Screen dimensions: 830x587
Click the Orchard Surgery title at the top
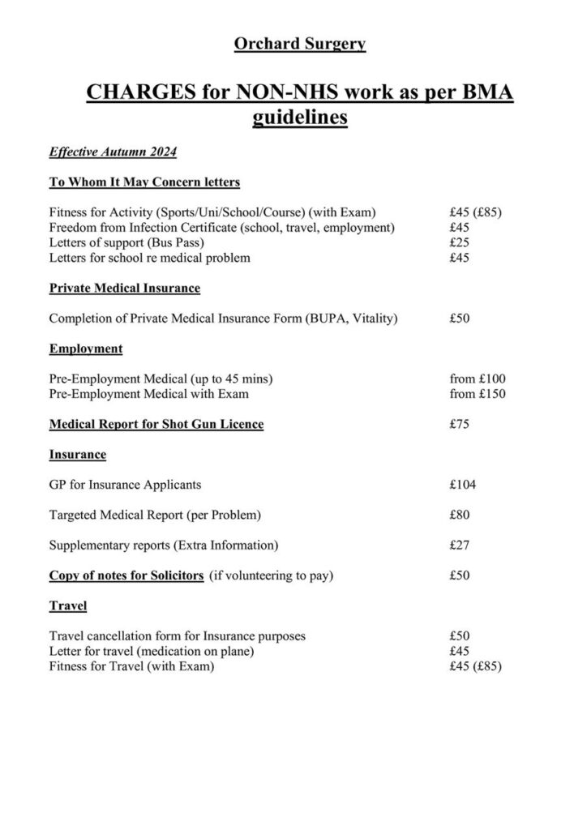[x=299, y=44]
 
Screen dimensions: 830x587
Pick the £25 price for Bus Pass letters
[x=459, y=242]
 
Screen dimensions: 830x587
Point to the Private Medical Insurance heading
[x=124, y=288]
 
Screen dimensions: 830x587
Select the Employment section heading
[x=86, y=349]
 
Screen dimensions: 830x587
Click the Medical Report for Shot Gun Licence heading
[x=156, y=424]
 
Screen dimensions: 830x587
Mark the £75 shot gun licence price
[x=459, y=424]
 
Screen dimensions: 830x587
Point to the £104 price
[x=462, y=485]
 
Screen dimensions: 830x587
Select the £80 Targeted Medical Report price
[x=459, y=515]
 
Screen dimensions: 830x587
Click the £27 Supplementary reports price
[x=459, y=545]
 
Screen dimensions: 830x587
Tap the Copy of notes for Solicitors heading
[x=126, y=575]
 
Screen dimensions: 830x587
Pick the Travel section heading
[x=68, y=605]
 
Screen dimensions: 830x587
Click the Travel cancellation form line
[x=177, y=636]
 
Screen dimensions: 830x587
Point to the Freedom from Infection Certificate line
[x=221, y=227]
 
